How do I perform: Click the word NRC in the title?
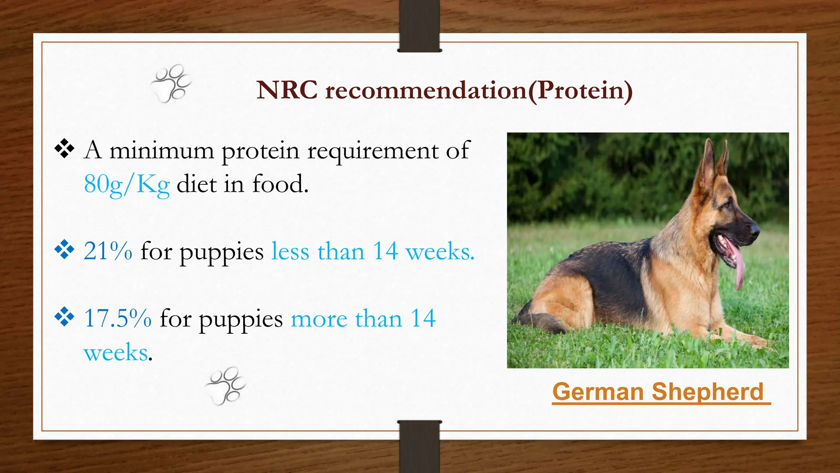287,90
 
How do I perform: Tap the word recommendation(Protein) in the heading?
479,91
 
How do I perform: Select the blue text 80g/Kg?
126,184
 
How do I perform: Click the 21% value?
108,251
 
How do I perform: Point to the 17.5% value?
118,318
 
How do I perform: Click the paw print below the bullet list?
226,386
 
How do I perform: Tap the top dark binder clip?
419,25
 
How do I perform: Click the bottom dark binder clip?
419,447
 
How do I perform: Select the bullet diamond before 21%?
64,250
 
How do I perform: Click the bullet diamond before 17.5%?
64,317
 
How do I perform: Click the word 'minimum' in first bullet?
162,150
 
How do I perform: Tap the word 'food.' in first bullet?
280,184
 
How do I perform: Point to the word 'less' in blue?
290,251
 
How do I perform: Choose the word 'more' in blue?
319,319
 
